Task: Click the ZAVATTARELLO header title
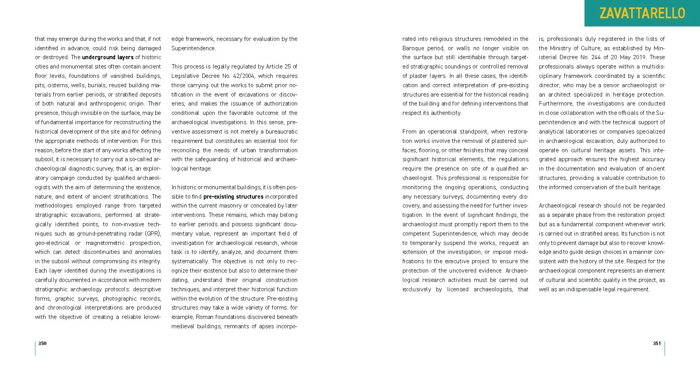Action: point(642,13)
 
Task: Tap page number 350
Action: point(42,343)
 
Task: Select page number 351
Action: point(657,343)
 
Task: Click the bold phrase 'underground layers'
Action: point(108,57)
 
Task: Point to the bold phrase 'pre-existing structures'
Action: point(233,197)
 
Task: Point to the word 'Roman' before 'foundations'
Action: point(205,317)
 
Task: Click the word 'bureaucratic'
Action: point(282,132)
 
